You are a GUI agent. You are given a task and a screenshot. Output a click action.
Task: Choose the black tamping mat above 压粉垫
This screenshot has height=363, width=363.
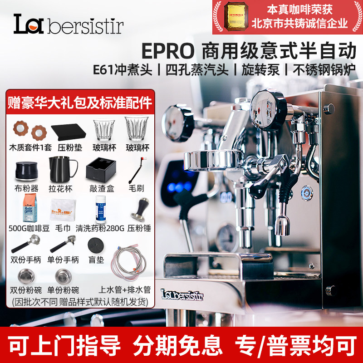coord(66,132)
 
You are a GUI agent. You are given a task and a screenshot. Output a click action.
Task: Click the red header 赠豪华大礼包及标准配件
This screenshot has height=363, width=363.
coord(80,102)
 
